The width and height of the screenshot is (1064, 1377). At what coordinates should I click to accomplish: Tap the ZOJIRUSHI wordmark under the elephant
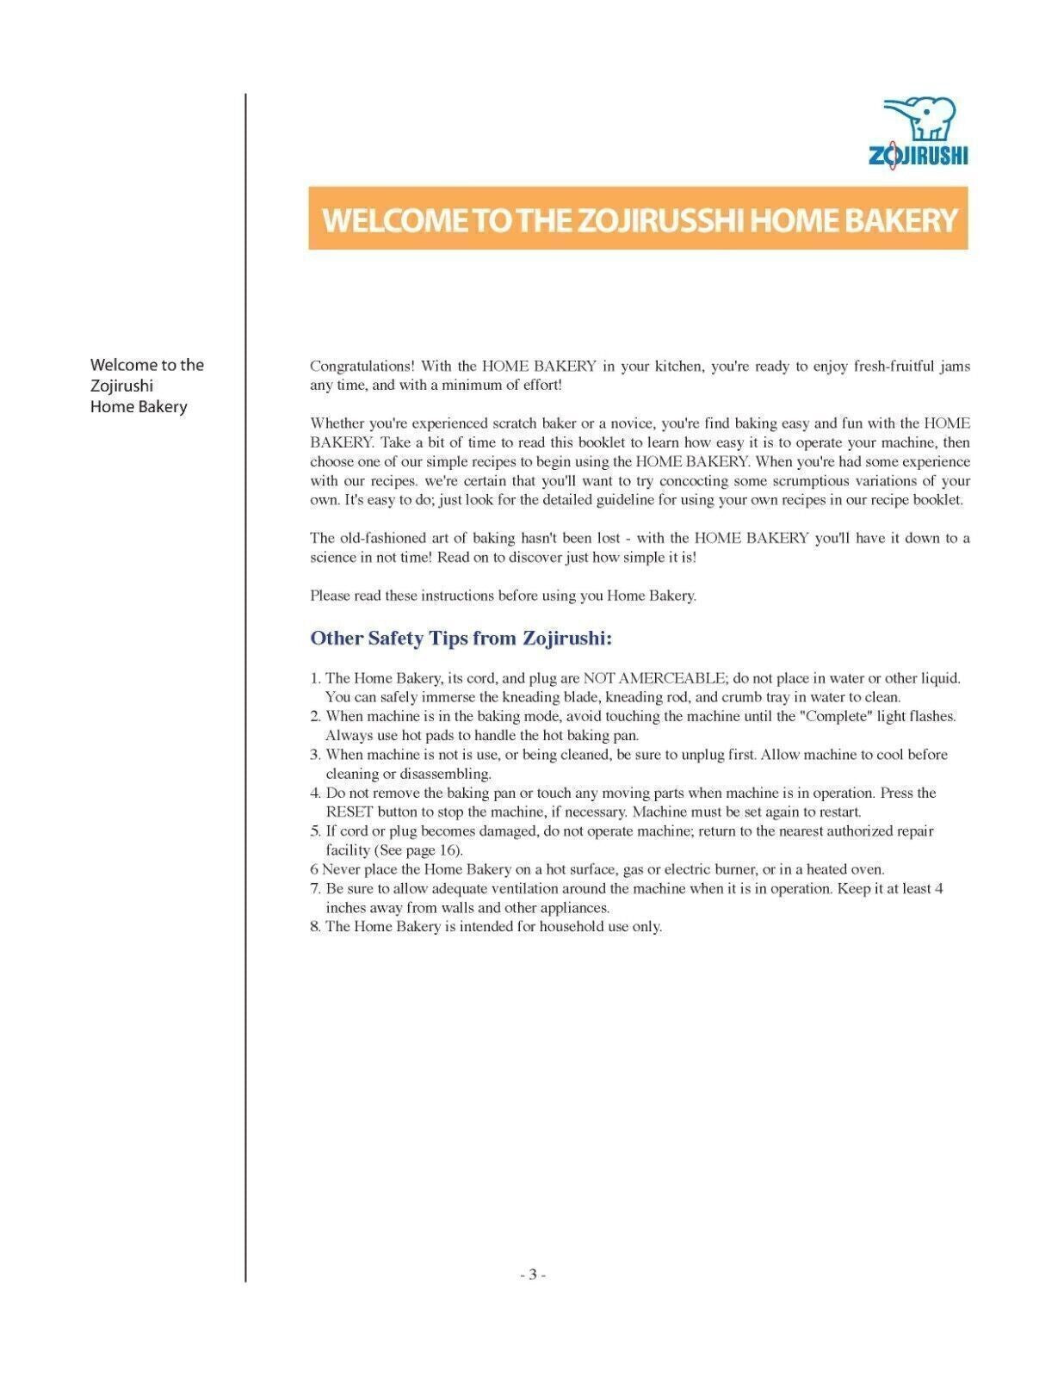(918, 156)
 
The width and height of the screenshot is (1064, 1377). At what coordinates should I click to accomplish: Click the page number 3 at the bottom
(533, 1275)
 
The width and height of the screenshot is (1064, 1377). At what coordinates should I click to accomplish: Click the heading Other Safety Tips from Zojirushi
(461, 639)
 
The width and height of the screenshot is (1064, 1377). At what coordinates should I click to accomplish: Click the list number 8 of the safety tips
(315, 927)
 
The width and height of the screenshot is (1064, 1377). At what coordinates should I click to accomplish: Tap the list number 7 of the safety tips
(315, 888)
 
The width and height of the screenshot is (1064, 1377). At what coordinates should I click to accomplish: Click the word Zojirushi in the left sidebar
(121, 386)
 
